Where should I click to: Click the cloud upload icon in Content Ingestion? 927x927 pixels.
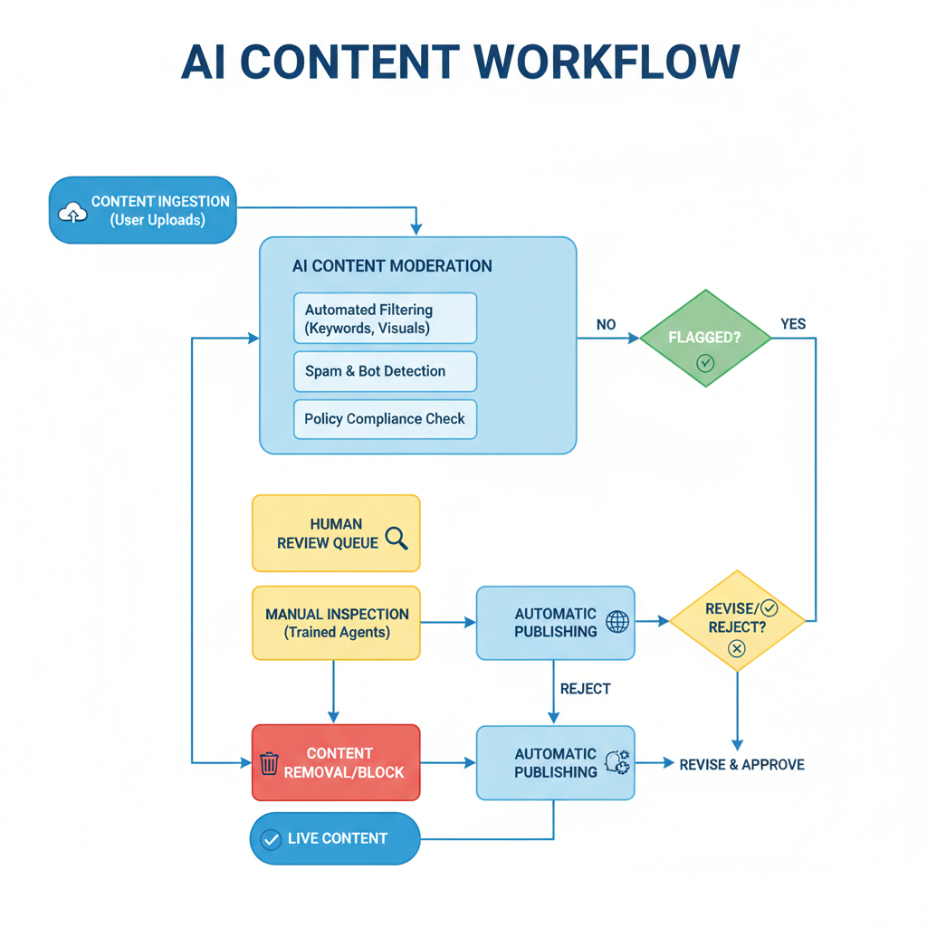click(72, 213)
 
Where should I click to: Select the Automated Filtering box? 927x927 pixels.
click(385, 319)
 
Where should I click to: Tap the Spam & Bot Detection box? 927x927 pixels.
click(385, 371)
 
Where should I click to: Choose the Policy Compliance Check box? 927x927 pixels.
click(385, 419)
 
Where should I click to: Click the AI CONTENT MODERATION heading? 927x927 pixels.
click(392, 266)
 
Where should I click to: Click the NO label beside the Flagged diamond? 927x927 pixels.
click(607, 324)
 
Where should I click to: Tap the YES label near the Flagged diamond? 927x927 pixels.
click(793, 324)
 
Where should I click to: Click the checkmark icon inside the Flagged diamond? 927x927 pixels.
click(705, 363)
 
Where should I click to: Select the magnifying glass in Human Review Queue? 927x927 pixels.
click(397, 539)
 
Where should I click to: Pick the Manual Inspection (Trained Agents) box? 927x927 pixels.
click(337, 623)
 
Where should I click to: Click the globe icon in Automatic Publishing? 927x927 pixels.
click(617, 622)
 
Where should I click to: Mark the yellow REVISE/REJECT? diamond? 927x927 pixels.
click(737, 621)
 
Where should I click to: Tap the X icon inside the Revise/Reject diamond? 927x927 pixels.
click(737, 648)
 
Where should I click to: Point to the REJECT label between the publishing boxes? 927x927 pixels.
click(585, 689)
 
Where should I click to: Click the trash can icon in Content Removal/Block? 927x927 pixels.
click(269, 763)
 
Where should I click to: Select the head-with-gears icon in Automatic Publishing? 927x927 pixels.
click(617, 762)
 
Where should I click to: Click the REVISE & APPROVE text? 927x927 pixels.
click(741, 764)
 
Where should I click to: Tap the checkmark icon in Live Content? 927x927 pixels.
click(270, 839)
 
